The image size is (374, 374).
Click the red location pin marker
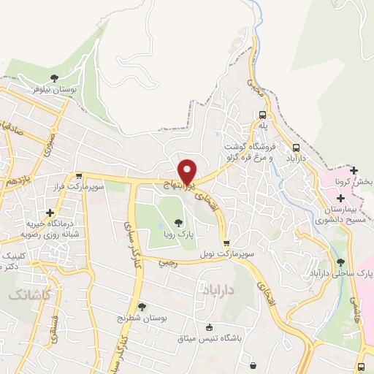pyautogui.click(x=188, y=171)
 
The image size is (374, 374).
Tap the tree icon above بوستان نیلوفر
pyautogui.click(x=54, y=78)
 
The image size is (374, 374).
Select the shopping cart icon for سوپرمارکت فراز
pyautogui.click(x=79, y=176)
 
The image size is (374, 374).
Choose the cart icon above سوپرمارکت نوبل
pyautogui.click(x=226, y=244)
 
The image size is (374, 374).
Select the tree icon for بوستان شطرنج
pyautogui.click(x=141, y=308)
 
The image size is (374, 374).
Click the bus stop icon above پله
pyautogui.click(x=263, y=115)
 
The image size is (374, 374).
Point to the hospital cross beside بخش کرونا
pyautogui.click(x=354, y=170)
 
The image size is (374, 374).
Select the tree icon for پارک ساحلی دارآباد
pyautogui.click(x=341, y=262)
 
